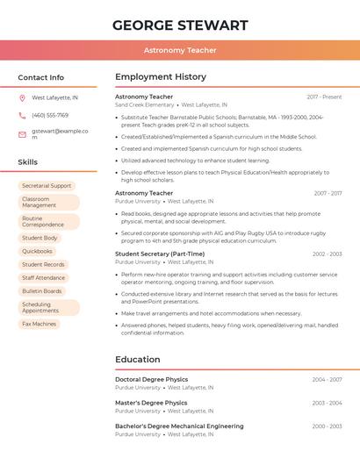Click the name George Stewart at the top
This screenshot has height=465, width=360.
pyautogui.click(x=180, y=25)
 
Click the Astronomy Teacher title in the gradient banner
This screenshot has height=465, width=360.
pyautogui.click(x=180, y=51)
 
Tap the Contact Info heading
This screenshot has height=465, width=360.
pyautogui.click(x=41, y=77)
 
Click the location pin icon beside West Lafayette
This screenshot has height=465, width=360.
pyautogui.click(x=22, y=98)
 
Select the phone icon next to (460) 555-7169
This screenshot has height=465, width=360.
pyautogui.click(x=22, y=116)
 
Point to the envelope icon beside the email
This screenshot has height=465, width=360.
pyautogui.click(x=22, y=134)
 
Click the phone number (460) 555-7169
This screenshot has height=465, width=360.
pyautogui.click(x=50, y=116)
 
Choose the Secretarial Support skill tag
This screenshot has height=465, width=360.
pyautogui.click(x=47, y=186)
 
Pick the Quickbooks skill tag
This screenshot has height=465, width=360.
pyautogui.click(x=37, y=251)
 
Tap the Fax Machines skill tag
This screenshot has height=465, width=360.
pyautogui.click(x=39, y=324)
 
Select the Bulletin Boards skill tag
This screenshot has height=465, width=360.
pyautogui.click(x=42, y=290)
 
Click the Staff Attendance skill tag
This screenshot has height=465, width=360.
pyautogui.click(x=43, y=277)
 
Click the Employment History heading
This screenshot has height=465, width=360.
pyautogui.click(x=161, y=77)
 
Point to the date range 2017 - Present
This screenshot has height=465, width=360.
pyautogui.click(x=324, y=97)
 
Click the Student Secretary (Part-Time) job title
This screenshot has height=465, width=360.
pyautogui.click(x=160, y=254)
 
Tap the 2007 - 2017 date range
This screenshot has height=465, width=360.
pyautogui.click(x=328, y=193)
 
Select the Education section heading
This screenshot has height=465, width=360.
pyautogui.click(x=138, y=360)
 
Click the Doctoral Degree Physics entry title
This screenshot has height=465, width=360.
pyautogui.click(x=151, y=380)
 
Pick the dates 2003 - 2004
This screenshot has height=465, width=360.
pyautogui.click(x=327, y=403)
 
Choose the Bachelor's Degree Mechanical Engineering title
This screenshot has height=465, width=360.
pyautogui.click(x=179, y=426)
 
